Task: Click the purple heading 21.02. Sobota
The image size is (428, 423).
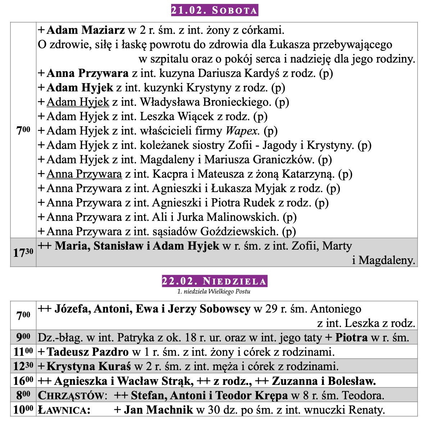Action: tap(214, 10)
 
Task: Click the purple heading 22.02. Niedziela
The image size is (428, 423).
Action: tap(214, 281)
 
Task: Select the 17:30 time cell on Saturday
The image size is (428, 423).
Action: tap(23, 253)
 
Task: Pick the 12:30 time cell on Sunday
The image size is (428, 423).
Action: tap(23, 366)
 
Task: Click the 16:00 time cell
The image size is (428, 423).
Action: tap(23, 381)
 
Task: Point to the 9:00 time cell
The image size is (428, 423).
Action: tap(23, 337)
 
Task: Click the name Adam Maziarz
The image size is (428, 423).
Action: tap(86, 30)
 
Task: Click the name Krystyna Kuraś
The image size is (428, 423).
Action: tap(88, 366)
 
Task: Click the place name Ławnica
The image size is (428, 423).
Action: tap(63, 410)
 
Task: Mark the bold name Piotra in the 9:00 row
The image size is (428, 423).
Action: tap(351, 337)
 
